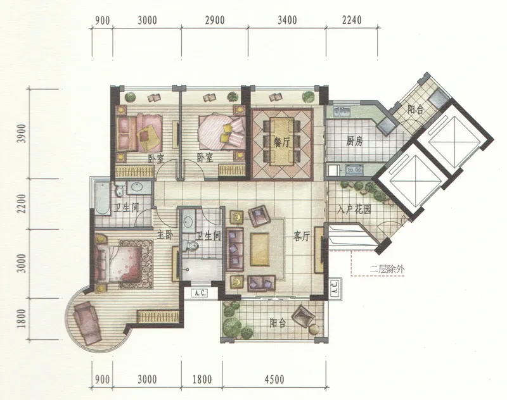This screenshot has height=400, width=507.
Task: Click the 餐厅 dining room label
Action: pos(281,142)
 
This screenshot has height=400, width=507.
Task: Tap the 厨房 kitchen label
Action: pos(354,141)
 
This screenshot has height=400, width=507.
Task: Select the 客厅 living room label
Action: pos(302,236)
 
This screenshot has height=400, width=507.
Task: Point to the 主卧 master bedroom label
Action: pos(165,235)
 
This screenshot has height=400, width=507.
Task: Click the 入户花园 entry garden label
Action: pos(354,210)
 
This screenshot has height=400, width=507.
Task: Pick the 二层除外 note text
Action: pos(387,269)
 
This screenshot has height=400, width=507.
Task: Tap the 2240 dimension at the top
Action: pos(352,20)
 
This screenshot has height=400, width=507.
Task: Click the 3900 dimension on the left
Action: pos(22,134)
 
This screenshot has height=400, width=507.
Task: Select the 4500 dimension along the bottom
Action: pos(274,379)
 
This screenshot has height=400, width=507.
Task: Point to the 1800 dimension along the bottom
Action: pos(202,379)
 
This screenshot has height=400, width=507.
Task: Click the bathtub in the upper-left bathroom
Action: pos(103,199)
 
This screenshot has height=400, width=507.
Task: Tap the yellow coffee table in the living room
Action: pos(260,249)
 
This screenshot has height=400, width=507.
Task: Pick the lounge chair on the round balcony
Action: pos(86,324)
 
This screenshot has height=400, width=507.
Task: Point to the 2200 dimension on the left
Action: pos(22,203)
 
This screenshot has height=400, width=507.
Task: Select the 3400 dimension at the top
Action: pos(287,20)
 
